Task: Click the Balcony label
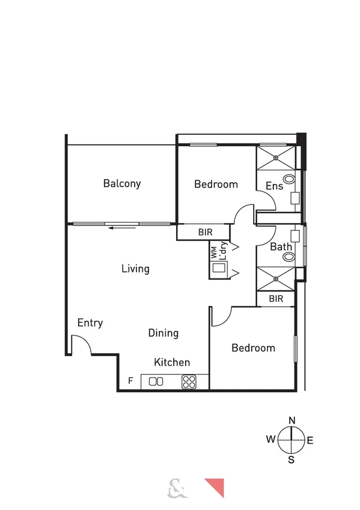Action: pos(121,183)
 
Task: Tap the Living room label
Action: pos(135,268)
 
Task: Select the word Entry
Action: pos(90,323)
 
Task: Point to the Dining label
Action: pos(163,333)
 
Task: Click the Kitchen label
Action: pos(172,362)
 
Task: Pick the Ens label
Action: pos(274,186)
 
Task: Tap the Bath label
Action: pos(281,247)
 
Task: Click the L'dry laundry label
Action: pos(223,250)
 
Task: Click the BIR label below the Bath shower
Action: pos(276,298)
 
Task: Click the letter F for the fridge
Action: pos(130,381)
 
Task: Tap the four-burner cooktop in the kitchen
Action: pos(189,381)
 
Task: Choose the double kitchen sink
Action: pos(156,381)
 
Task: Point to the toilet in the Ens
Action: pos(290,179)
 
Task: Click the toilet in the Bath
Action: pos(290,257)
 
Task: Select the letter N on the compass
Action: pos(291,420)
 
